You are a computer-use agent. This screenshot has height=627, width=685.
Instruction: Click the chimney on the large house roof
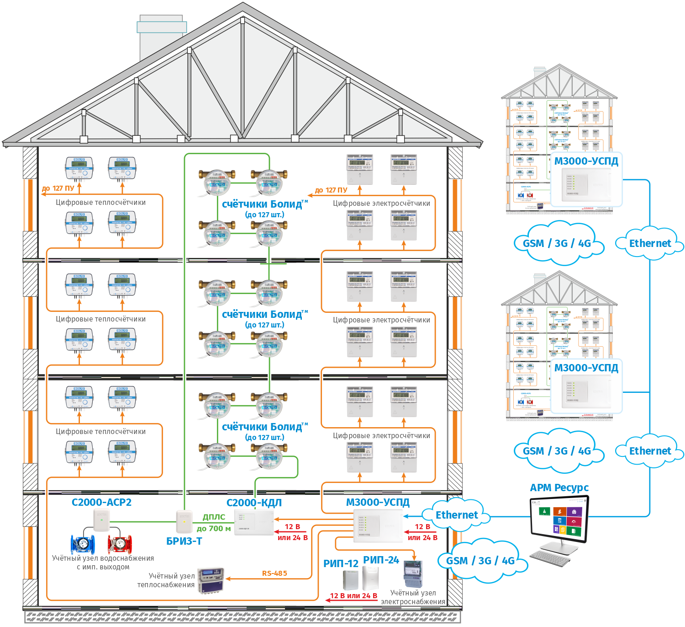pos(161,39)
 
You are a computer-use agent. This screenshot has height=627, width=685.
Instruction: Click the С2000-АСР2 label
pos(101,502)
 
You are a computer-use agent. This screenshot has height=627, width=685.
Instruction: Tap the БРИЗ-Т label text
pos(184,541)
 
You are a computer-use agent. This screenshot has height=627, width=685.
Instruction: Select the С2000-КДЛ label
pos(254,503)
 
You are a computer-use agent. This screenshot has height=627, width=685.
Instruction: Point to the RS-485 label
pos(274,573)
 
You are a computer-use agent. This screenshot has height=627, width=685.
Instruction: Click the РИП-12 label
pos(341,563)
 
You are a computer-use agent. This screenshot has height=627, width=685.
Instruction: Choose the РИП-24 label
pos(381,560)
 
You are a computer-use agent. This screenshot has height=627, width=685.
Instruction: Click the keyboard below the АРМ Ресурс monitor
pos(550,557)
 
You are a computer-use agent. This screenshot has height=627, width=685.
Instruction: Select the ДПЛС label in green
pos(214,517)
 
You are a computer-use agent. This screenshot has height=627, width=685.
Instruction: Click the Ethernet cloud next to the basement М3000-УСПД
pos(456,515)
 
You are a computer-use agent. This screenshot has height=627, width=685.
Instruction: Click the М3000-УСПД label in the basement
pos(378,503)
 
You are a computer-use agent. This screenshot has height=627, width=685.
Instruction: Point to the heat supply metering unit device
pos(211,580)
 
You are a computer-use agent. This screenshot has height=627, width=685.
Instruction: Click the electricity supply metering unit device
pos(412,574)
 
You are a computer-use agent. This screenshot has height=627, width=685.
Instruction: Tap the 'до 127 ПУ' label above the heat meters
pos(58,188)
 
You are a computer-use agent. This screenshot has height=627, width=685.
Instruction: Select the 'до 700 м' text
pos(214,529)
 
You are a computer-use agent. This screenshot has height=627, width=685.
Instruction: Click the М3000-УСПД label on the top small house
pos(586,161)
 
